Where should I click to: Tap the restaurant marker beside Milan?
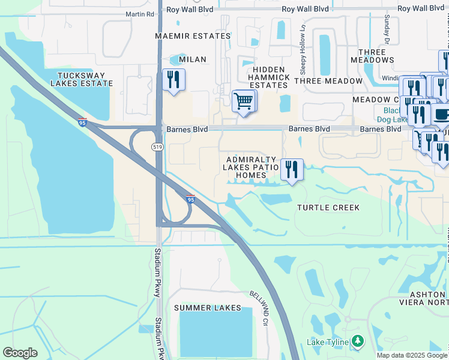pos(173,80)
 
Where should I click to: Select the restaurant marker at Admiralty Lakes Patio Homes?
pos(292,170)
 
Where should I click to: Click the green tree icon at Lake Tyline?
pos(358,341)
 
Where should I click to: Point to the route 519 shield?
pos(158,146)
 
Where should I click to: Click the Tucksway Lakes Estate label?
pos(81,80)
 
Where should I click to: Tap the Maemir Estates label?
pos(192,36)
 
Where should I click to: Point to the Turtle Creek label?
pos(328,208)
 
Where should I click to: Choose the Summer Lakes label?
pos(208,308)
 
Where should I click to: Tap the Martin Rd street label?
pos(139,14)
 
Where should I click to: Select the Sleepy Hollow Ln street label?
pos(304,38)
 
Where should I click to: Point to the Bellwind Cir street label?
pos(258,305)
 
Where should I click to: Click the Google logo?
pos(20,353)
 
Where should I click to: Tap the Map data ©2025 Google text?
pos(412,355)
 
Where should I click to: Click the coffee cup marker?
pos(442,114)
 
